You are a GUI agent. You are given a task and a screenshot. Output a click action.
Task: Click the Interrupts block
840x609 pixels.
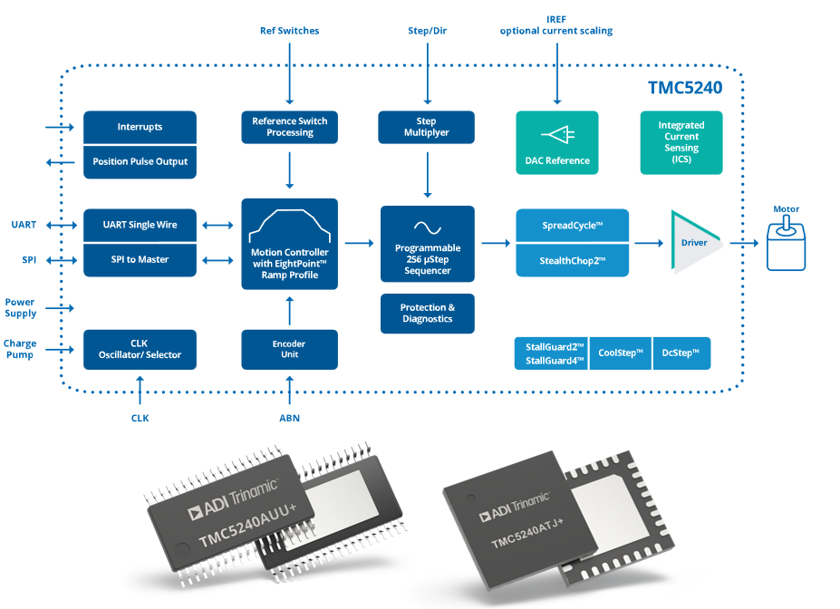pyautogui.click(x=140, y=127)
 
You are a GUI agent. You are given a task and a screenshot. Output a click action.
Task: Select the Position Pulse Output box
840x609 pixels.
pyautogui.click(x=140, y=161)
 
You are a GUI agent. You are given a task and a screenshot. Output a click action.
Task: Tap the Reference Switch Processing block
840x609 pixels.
pyautogui.click(x=289, y=127)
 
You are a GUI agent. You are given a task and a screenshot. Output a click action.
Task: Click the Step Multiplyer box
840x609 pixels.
pyautogui.click(x=426, y=127)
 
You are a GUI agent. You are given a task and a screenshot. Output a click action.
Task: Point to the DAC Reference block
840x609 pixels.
pyautogui.click(x=557, y=143)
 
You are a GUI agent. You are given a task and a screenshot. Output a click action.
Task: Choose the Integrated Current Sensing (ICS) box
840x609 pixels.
pyautogui.click(x=681, y=142)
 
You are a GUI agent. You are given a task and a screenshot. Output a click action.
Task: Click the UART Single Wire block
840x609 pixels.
pyautogui.click(x=140, y=225)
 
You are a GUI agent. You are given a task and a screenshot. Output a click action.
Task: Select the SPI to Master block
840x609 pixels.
pyautogui.click(x=140, y=260)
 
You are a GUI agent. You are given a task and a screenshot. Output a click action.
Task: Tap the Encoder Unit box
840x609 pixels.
pyautogui.click(x=289, y=349)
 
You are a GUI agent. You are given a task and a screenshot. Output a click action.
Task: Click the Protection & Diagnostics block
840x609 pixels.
pyautogui.click(x=427, y=314)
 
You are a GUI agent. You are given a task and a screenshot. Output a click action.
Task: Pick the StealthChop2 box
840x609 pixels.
pyautogui.click(x=572, y=260)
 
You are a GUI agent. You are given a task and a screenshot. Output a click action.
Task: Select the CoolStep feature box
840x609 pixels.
pyautogui.click(x=621, y=353)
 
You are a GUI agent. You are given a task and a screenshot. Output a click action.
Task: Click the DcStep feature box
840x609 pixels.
pyautogui.click(x=681, y=353)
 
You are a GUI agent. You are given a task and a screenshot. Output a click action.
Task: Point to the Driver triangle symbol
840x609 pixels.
pyautogui.click(x=694, y=242)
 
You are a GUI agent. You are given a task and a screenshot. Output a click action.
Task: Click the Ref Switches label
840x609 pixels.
pyautogui.click(x=289, y=31)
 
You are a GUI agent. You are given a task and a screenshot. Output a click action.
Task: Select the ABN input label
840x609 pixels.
pyautogui.click(x=289, y=419)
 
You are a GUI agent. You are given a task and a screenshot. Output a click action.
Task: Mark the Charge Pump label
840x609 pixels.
pyautogui.click(x=19, y=349)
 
